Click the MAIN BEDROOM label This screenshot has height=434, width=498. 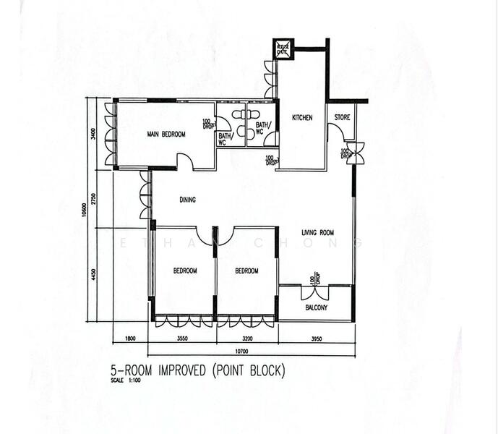pyautogui.click(x=166, y=134)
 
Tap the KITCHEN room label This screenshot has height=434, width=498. pyautogui.click(x=302, y=118)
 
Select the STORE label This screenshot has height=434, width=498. pyautogui.click(x=342, y=117)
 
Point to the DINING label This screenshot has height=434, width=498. pyautogui.click(x=188, y=200)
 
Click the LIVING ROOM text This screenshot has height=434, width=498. pyautogui.click(x=317, y=233)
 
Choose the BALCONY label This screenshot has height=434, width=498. pyautogui.click(x=316, y=307)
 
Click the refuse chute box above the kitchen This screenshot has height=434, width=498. pyautogui.click(x=281, y=50)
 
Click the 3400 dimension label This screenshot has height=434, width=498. pyautogui.click(x=94, y=135)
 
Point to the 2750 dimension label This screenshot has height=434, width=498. pyautogui.click(x=94, y=198)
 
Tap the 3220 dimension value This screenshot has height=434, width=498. pyautogui.click(x=247, y=337)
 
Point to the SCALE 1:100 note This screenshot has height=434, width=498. pyautogui.click(x=124, y=380)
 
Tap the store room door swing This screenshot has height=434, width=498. pyautogui.click(x=335, y=133)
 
